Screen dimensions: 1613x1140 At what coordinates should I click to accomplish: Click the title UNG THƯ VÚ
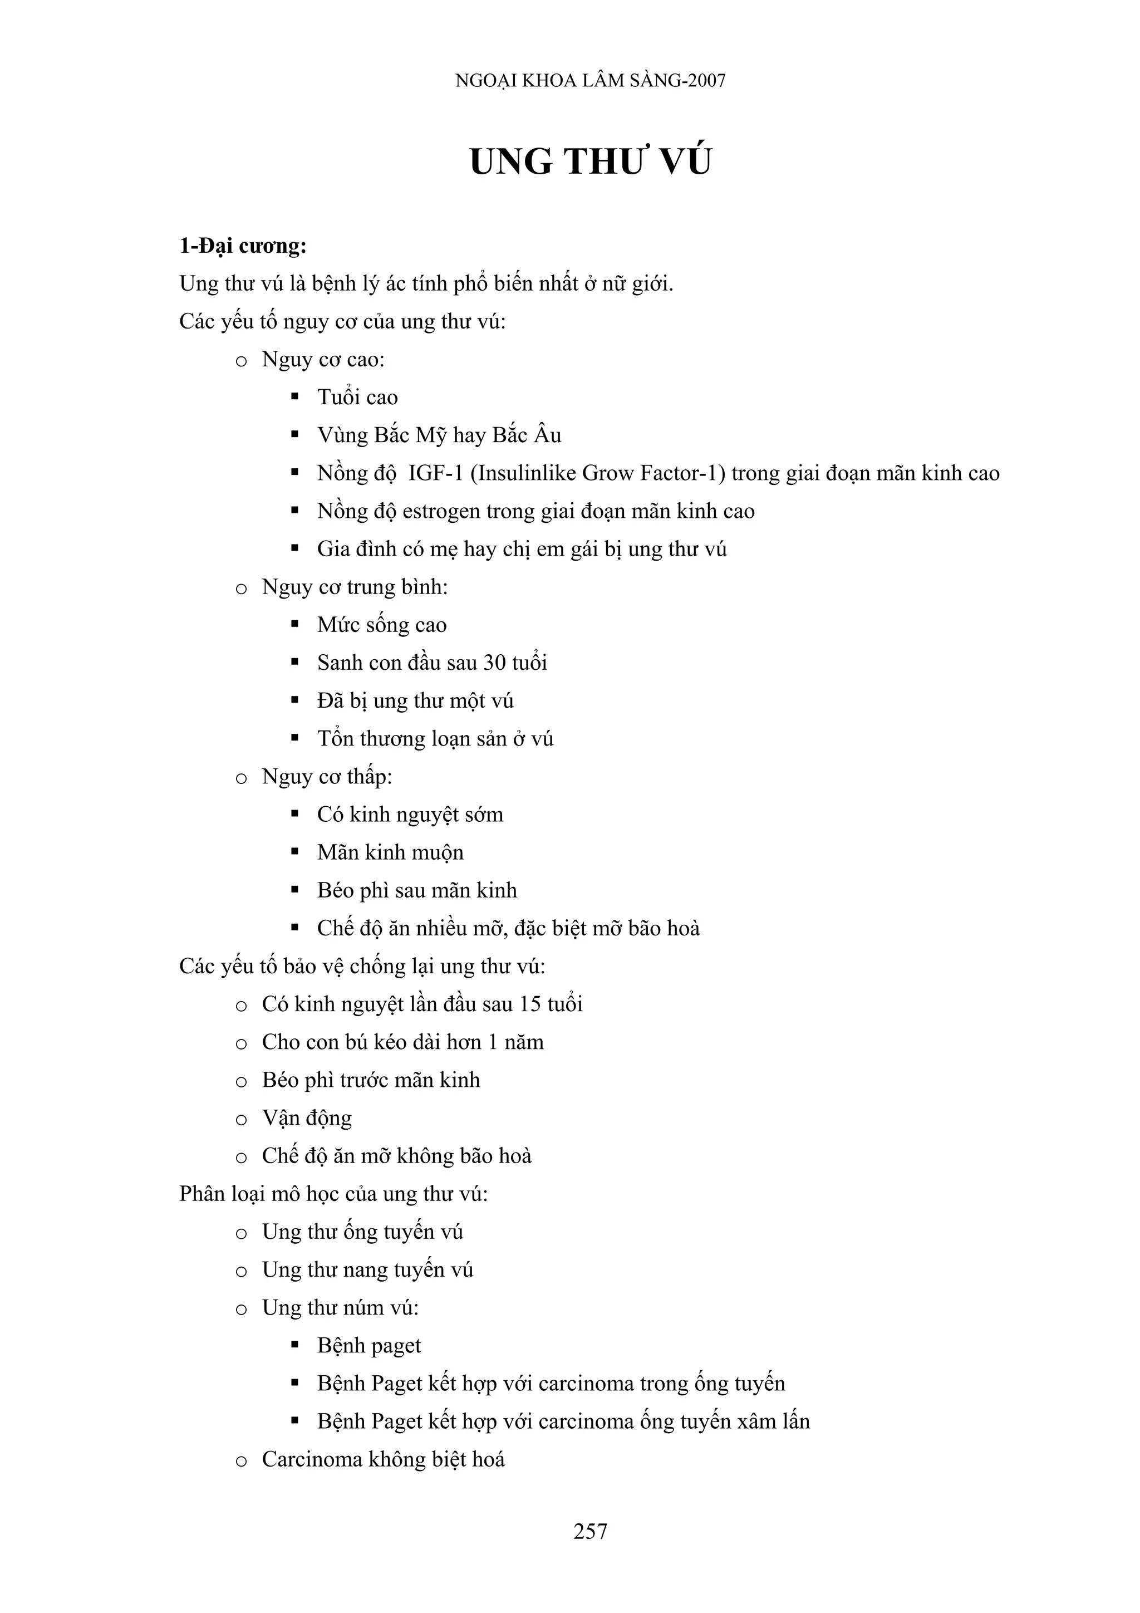(590, 161)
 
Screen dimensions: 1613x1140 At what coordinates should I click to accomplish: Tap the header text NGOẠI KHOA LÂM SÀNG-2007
(590, 81)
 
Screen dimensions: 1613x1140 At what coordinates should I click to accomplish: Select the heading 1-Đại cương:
(243, 246)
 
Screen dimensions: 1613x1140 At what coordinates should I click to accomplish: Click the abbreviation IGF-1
(435, 473)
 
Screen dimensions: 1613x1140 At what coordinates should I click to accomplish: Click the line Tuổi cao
(357, 398)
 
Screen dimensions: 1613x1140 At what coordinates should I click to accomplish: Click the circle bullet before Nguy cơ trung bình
(241, 589)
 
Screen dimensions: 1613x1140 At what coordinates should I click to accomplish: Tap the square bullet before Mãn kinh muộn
(295, 852)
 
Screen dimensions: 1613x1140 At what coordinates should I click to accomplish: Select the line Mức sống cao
(381, 625)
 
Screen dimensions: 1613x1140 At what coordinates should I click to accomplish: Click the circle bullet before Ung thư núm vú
(241, 1310)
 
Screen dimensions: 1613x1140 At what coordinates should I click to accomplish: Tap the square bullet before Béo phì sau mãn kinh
(295, 890)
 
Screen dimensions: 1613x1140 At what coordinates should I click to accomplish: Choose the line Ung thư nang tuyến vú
(367, 1270)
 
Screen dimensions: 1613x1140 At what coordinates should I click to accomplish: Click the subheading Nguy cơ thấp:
(327, 777)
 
